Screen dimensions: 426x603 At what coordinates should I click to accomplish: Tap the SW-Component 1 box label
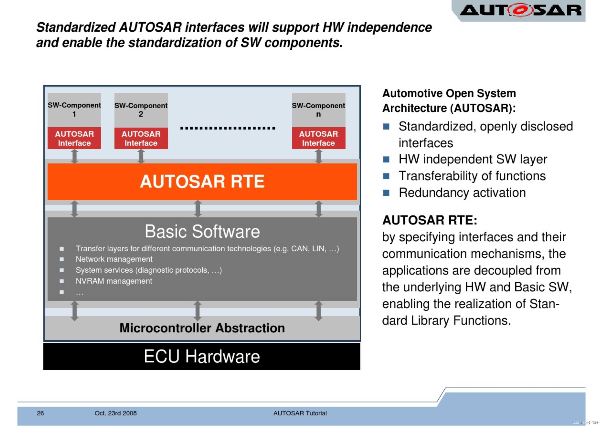[74, 109]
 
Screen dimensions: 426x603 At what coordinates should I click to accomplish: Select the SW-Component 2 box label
[141, 110]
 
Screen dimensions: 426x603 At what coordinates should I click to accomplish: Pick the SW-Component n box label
[318, 110]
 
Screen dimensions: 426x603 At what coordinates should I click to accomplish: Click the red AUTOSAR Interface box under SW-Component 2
[141, 138]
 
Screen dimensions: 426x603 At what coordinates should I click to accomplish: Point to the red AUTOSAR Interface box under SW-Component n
[318, 138]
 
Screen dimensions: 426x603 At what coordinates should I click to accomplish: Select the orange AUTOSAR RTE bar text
[202, 181]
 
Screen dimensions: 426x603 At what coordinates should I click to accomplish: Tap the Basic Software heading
[202, 232]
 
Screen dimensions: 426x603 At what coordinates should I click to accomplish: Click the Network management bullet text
[114, 259]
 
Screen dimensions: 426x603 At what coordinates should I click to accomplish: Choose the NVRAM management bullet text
[114, 281]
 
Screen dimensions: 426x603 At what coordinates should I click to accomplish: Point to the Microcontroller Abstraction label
[202, 328]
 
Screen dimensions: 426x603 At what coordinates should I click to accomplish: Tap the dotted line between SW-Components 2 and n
[228, 128]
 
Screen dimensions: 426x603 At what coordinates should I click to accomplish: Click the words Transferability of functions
[472, 176]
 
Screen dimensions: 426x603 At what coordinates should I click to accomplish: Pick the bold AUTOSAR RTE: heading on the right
[430, 220]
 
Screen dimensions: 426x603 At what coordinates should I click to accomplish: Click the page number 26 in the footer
[40, 413]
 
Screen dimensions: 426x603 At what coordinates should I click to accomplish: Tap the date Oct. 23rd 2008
[116, 413]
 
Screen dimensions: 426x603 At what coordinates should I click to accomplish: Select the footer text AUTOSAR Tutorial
[300, 413]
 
